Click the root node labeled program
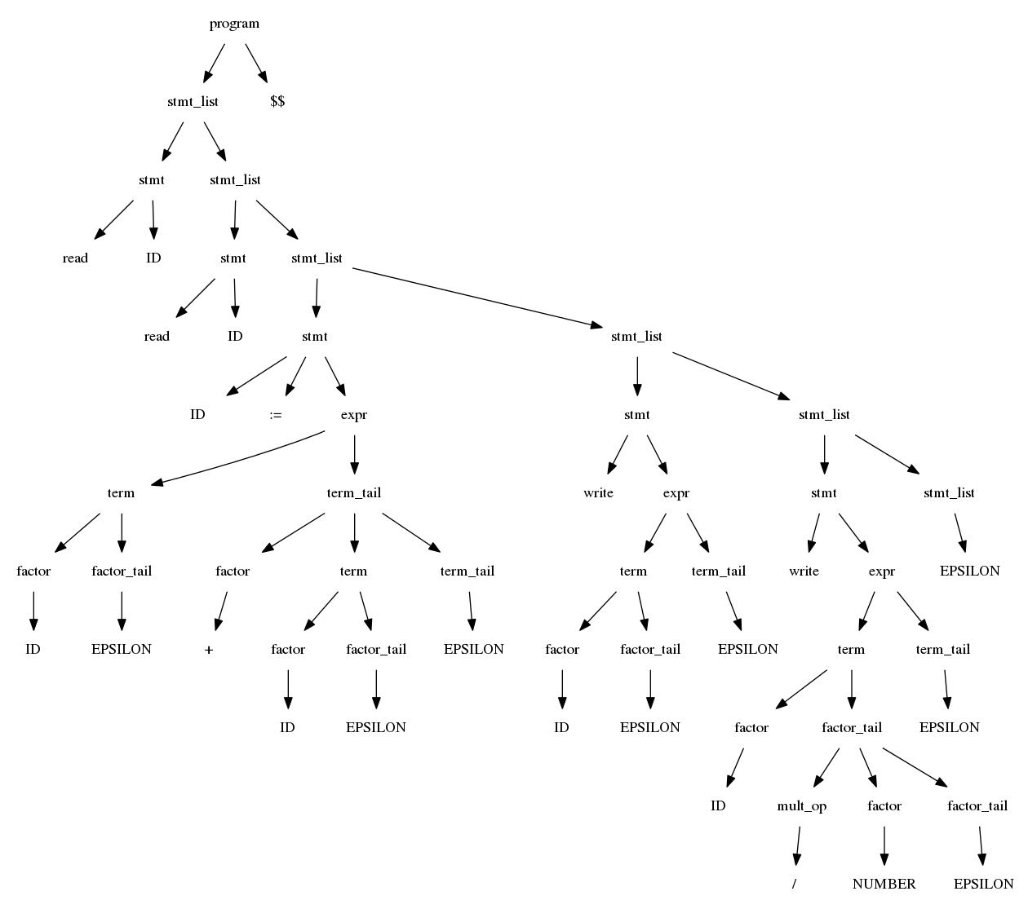[x=234, y=24]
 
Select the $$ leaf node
[x=277, y=102]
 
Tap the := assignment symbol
[x=276, y=415]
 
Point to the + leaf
[x=210, y=650]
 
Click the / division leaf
[x=794, y=884]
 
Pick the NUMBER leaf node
[x=884, y=884]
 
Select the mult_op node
[x=801, y=806]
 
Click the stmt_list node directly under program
[x=193, y=102]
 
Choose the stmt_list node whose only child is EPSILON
[x=949, y=493]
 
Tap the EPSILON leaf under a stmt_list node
[x=969, y=571]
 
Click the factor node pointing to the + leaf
[x=233, y=571]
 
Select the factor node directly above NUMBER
[x=884, y=806]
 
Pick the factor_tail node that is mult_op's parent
[x=851, y=728]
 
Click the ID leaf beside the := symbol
[x=197, y=415]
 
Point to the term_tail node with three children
[x=353, y=493]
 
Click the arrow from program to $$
[x=256, y=63]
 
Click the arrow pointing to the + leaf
[x=220, y=611]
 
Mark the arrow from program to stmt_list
[x=214, y=63]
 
